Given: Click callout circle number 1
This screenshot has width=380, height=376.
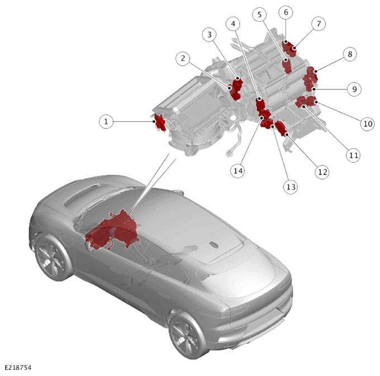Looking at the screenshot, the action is click(x=106, y=121).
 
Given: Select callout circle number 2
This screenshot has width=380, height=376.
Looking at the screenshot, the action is click(x=183, y=58).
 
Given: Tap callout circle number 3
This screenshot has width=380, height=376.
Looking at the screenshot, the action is click(x=210, y=35).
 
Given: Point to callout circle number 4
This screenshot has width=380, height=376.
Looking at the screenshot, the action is click(x=233, y=23).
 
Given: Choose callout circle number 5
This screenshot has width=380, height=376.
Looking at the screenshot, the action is click(x=259, y=15).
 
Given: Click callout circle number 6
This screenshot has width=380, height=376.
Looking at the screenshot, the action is click(x=286, y=12).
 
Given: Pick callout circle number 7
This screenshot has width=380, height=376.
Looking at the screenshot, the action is click(x=319, y=23).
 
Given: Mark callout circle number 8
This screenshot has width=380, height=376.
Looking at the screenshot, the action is click(x=350, y=54).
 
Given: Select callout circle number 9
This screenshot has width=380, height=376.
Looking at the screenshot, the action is click(x=354, y=89).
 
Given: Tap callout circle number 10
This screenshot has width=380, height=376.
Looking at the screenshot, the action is click(x=368, y=123).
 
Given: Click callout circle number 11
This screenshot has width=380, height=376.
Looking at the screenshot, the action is click(x=353, y=155).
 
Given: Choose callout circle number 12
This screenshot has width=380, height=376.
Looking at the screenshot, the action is click(x=322, y=172).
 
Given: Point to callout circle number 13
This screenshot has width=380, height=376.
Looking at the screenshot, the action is click(x=291, y=187).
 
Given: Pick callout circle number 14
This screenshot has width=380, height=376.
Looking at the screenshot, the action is click(x=237, y=171).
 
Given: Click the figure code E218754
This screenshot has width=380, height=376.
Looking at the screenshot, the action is click(x=18, y=368).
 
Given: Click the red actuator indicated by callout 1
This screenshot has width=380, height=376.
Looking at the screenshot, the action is click(x=160, y=122).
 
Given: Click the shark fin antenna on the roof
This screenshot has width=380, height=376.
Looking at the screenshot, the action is click(x=213, y=245).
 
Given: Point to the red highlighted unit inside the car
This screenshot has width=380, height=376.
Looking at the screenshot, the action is click(x=113, y=231).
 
